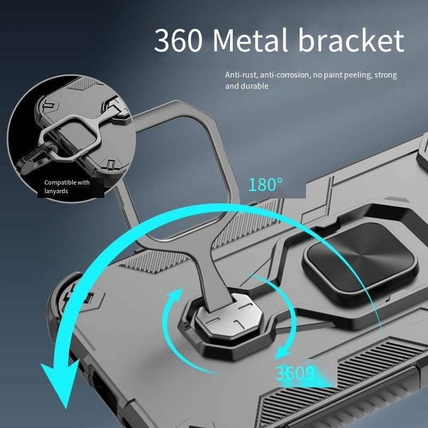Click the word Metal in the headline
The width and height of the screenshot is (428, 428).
pos(250,41)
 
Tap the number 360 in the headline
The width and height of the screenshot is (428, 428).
pos(179,41)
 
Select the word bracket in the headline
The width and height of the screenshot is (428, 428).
pos(351,41)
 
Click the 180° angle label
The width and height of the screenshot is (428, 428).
pos(265,185)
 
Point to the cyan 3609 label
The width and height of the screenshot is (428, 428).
pos(295,373)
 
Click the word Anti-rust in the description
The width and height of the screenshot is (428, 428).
pos(240,75)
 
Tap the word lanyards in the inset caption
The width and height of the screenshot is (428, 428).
pos(56,191)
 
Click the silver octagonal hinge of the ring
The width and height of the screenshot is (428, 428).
pos(229,316)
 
